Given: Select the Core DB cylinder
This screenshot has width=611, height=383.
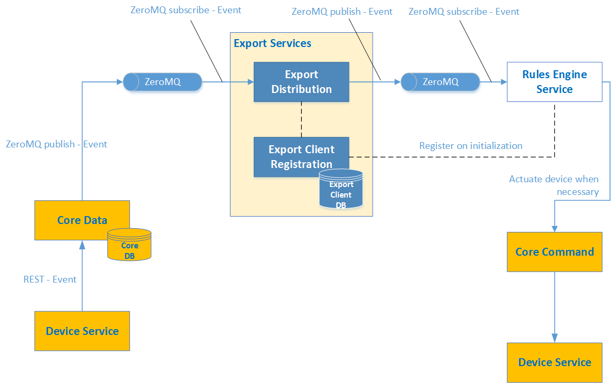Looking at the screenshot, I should pos(129,245).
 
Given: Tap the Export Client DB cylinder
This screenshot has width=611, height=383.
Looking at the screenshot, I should pos(341,190).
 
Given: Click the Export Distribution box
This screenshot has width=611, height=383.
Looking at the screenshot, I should pos(301,82).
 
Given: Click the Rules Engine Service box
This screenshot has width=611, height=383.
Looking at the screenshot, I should pos(554,82).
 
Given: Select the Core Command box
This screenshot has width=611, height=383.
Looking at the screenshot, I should pos(554,252).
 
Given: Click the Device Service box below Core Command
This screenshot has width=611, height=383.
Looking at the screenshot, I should pos(554,362).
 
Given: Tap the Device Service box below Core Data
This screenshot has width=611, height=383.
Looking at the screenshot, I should pos(82,331).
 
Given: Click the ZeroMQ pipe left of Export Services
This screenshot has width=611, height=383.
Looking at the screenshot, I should pos(163,82).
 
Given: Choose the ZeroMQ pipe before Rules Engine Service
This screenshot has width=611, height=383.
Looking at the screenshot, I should pos(440,82).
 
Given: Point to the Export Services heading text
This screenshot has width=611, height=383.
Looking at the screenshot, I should pos(272,43).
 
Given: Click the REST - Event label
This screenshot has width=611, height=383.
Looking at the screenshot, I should pos(50,279).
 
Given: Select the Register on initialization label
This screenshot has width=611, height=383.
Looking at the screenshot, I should pos(470,146).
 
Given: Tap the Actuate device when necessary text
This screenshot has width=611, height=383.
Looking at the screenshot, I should pos(554,185).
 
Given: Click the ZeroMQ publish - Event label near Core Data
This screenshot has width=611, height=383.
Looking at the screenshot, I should pos(57,144).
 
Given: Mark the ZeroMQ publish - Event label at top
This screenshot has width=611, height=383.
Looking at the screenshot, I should pos(342,12).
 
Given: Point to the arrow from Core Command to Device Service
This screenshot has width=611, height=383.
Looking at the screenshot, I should pos(554,306).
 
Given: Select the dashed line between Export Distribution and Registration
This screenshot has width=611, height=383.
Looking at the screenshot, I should pos(301,119).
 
